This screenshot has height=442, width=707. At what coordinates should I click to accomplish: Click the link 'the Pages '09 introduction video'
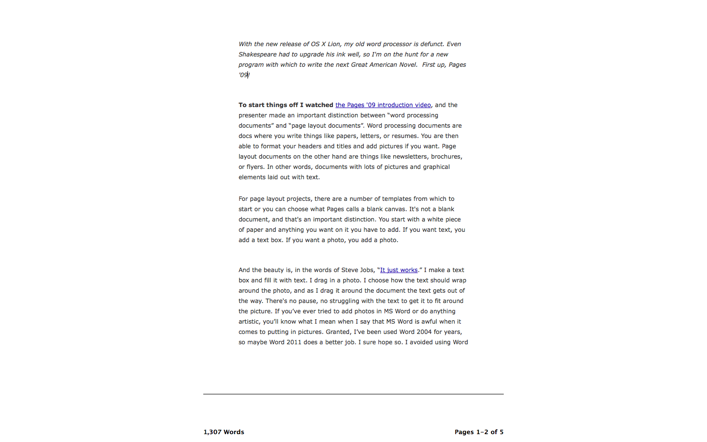(383, 105)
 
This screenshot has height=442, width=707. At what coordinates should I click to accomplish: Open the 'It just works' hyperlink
(399, 270)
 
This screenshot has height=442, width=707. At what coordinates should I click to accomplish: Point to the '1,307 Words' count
(224, 432)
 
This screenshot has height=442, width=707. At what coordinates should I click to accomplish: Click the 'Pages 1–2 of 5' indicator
(479, 432)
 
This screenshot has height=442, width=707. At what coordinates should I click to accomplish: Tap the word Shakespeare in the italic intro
(257, 55)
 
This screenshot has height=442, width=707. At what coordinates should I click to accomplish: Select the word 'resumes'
(404, 136)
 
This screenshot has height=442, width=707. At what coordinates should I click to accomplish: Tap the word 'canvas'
(395, 209)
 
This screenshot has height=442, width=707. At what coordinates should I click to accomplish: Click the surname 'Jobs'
(366, 270)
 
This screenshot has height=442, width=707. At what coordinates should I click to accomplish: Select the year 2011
(294, 342)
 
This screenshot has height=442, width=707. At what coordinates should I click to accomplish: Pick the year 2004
(424, 332)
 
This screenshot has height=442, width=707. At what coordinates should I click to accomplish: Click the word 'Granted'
(338, 332)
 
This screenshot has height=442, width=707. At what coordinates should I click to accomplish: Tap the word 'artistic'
(249, 322)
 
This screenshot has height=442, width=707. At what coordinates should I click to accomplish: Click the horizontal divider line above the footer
(353, 394)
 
